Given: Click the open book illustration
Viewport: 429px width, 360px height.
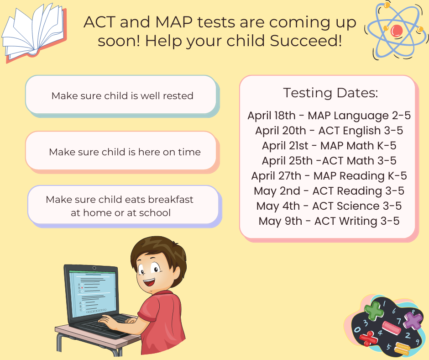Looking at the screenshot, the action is pos(34,32).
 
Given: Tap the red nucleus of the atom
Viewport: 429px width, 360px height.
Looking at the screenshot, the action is pos(397,31).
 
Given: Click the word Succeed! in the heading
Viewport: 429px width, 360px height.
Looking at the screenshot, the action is pos(306,41).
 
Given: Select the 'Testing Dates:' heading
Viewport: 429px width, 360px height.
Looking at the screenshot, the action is pos(330,93).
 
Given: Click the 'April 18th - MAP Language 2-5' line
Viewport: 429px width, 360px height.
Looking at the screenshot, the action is pos(329,116).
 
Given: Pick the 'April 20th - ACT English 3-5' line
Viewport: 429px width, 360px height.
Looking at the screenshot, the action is pos(329,131).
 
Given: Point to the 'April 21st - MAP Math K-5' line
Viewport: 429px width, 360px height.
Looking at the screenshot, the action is pos(329,146).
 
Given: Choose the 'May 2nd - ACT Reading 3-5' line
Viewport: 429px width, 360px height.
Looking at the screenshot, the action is pos(329,191).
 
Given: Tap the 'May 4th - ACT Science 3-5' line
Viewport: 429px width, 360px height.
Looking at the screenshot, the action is pos(329,206).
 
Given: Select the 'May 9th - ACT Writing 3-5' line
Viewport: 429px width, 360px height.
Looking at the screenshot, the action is pos(329,221).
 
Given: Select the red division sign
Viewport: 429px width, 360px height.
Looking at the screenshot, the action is pos(369,339).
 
